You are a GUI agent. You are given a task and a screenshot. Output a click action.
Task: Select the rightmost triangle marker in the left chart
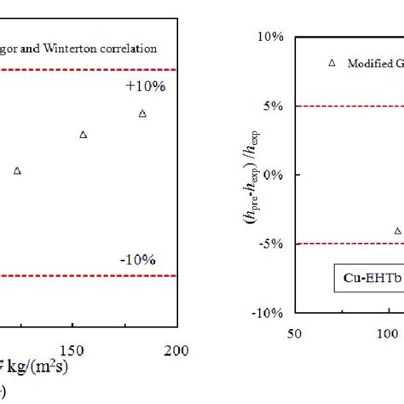[142, 113]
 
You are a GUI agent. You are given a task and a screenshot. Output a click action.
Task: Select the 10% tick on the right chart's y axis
[271, 38]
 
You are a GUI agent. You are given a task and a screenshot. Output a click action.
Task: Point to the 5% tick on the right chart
[274, 106]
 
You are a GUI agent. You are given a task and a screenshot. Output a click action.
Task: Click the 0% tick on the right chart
[274, 175]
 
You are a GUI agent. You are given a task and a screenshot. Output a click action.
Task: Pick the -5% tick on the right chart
[273, 244]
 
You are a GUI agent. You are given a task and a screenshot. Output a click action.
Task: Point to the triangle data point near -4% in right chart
[397, 231]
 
